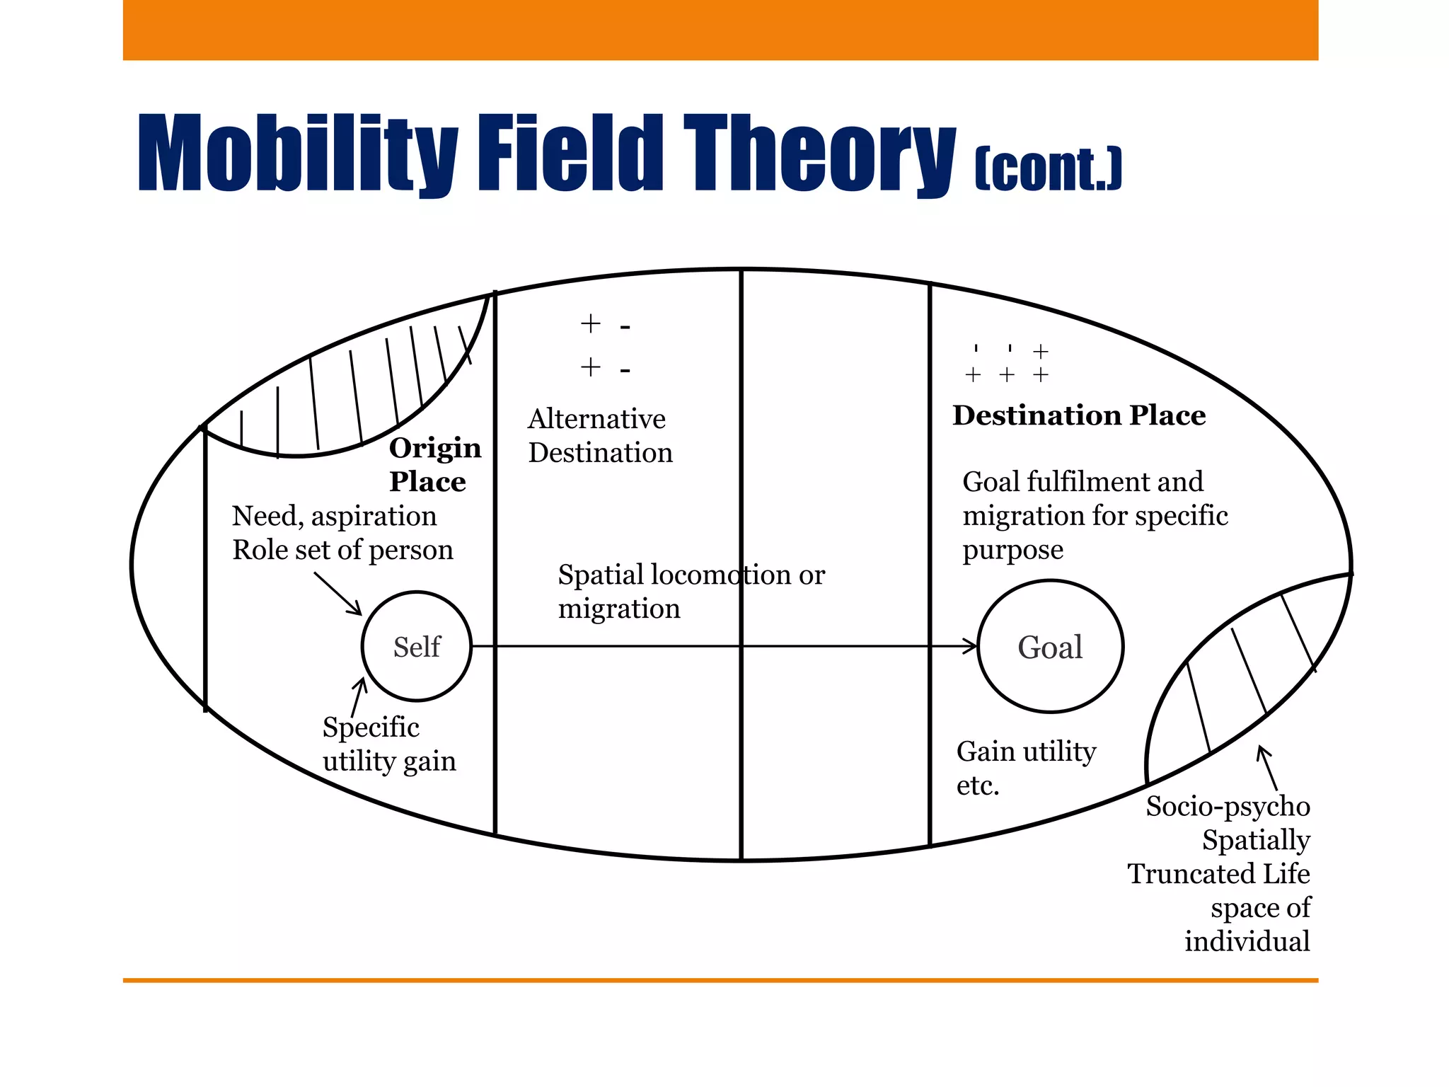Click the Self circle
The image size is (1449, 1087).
pos(417,646)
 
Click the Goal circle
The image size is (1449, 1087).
pos(1050,646)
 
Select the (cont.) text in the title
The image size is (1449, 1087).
pos(1048,169)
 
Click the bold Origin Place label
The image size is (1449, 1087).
pos(434,464)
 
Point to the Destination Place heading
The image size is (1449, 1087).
pos(1078,415)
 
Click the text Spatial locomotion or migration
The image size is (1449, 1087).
pos(691,592)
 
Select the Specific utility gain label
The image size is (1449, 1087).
pos(388,744)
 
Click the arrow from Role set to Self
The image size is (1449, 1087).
pos(338,594)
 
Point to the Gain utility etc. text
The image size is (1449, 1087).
pos(1025,768)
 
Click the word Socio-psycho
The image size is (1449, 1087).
pos(1228,807)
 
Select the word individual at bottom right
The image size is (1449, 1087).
pos(1247,942)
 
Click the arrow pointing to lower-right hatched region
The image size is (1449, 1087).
pos(1269,769)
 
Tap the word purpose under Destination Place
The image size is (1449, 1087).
pos(1012,551)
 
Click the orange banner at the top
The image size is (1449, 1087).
pos(720,30)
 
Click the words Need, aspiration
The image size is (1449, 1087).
pos(334,517)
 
